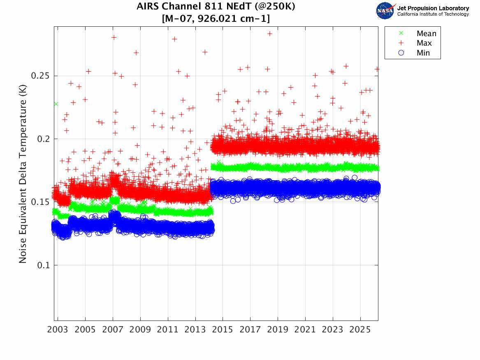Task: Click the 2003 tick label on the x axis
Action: (x=58, y=330)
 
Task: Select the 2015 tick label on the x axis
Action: (x=223, y=330)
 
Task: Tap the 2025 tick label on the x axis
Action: (x=360, y=330)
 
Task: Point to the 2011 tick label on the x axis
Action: (x=168, y=330)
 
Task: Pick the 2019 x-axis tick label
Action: (x=278, y=330)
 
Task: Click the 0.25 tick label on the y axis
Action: (x=39, y=76)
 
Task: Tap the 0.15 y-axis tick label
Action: (x=39, y=202)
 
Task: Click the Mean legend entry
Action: (x=426, y=34)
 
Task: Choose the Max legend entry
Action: (x=424, y=43)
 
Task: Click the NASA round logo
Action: (x=385, y=11)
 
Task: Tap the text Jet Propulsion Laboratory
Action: (x=433, y=8)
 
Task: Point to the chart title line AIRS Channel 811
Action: (x=216, y=7)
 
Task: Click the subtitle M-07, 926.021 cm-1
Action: (x=216, y=19)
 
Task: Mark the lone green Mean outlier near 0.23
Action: (x=56, y=104)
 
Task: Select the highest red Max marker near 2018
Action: (x=270, y=34)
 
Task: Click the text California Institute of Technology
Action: (x=433, y=14)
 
